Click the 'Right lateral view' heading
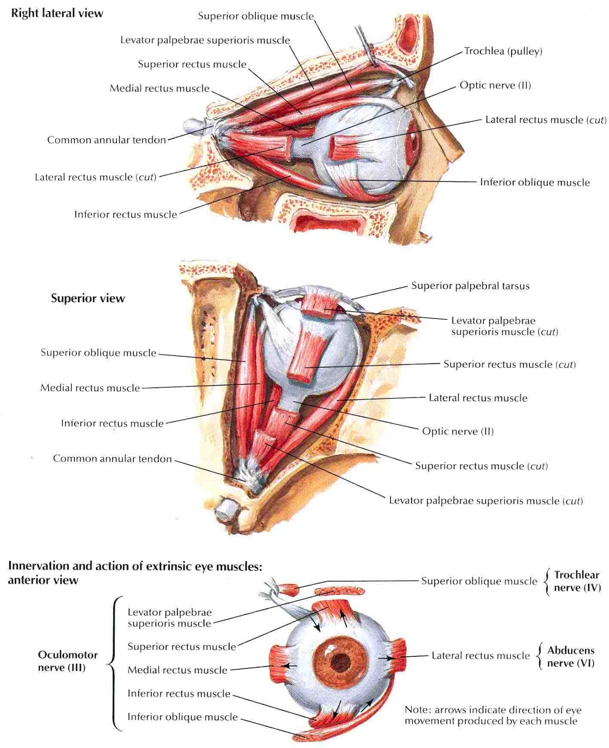57,13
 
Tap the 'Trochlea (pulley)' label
503,51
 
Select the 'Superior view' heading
88,298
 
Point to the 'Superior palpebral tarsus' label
470,286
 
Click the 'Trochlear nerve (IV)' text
577,581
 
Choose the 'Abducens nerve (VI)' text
571,656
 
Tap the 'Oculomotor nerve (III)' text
68,661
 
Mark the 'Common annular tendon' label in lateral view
107,140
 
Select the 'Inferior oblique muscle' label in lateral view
535,182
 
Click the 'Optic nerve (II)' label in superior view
457,431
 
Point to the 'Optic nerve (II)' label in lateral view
495,85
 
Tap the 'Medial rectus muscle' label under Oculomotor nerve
177,670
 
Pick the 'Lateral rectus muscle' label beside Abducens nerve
480,655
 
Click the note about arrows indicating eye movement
493,715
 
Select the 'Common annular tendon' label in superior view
112,459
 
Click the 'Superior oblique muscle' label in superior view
98,352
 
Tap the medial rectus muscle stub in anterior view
279,663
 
